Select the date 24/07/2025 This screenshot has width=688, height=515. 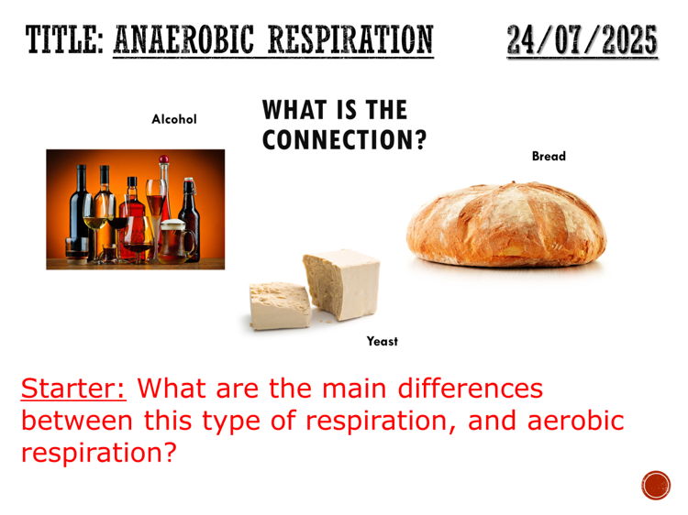pyautogui.click(x=582, y=40)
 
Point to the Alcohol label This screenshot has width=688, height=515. pyautogui.click(x=174, y=119)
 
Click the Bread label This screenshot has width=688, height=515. pyautogui.click(x=549, y=157)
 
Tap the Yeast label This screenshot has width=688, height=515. pyautogui.click(x=383, y=341)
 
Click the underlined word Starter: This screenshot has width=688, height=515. pyautogui.click(x=74, y=388)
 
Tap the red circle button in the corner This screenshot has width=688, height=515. pyautogui.click(x=656, y=485)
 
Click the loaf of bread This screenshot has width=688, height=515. pyautogui.click(x=505, y=225)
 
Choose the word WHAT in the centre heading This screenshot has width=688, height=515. pyautogui.click(x=293, y=111)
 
